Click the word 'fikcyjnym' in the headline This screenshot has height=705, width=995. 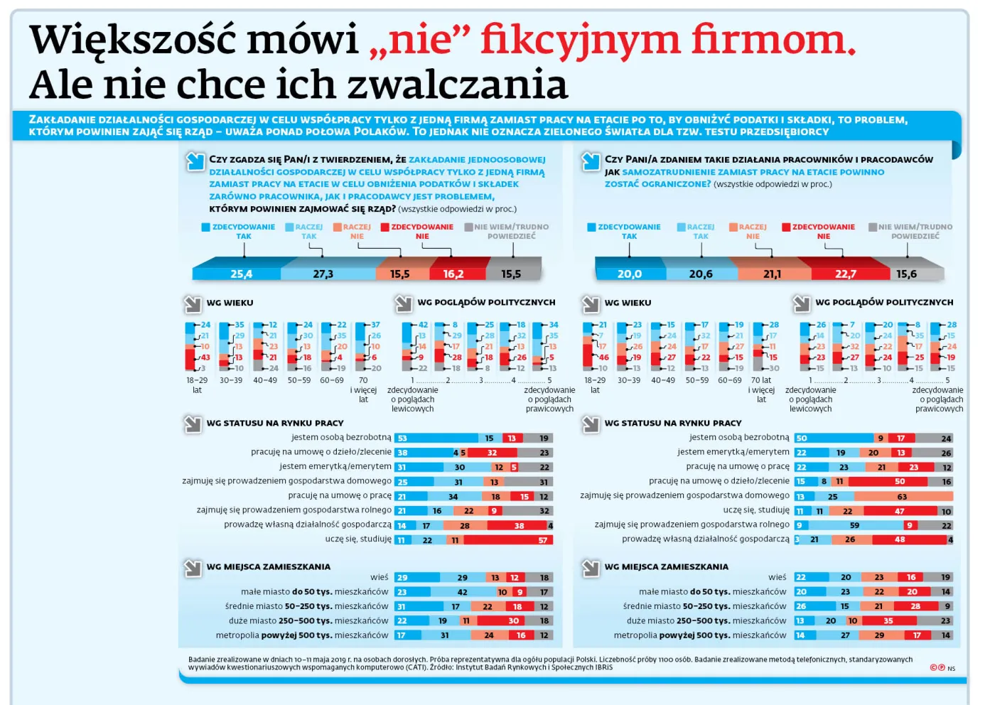coord(579,40)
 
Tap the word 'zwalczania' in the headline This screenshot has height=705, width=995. coord(458,85)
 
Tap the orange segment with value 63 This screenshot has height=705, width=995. coord(901,497)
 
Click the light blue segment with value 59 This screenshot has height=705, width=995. coord(855,525)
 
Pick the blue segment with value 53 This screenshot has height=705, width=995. coord(436,438)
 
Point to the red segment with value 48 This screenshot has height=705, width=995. coord(900,539)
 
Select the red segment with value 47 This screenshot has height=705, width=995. coord(900,511)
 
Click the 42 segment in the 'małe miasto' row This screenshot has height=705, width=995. coord(462,592)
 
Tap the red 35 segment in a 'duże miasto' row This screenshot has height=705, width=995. coord(888,620)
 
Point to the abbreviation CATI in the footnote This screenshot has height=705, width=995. coord(414,667)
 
